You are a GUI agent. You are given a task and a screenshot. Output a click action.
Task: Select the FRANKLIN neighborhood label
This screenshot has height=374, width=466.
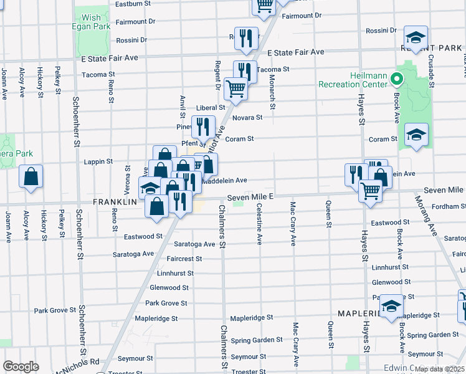pos(115,203)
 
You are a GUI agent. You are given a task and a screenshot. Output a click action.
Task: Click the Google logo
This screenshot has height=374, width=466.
pos(21,367)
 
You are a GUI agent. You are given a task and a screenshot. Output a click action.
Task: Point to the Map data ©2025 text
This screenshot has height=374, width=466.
pos(439,369)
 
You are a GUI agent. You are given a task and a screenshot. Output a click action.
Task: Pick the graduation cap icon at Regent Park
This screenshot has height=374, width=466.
pos(416,37)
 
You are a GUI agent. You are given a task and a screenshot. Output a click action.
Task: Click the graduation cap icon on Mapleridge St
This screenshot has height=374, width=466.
pos(392,306)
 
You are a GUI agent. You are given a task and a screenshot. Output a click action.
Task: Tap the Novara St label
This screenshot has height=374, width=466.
pos(247,117)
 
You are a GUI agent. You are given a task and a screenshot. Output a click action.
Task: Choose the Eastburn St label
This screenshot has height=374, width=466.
pos(133,4)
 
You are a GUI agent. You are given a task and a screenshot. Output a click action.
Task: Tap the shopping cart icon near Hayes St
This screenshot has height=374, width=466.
pos(370,189)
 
